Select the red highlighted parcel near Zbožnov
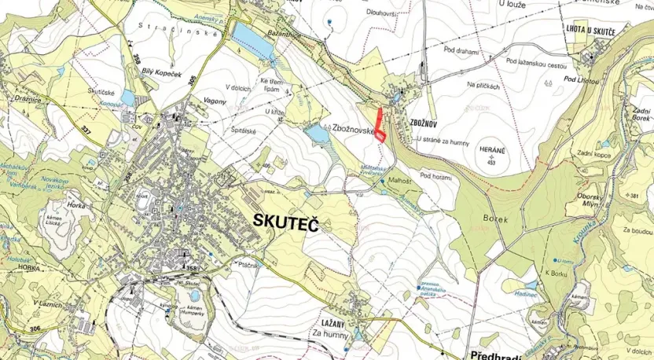[x=379, y=127]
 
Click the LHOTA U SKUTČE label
[x=590, y=29]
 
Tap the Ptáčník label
[x=250, y=264]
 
